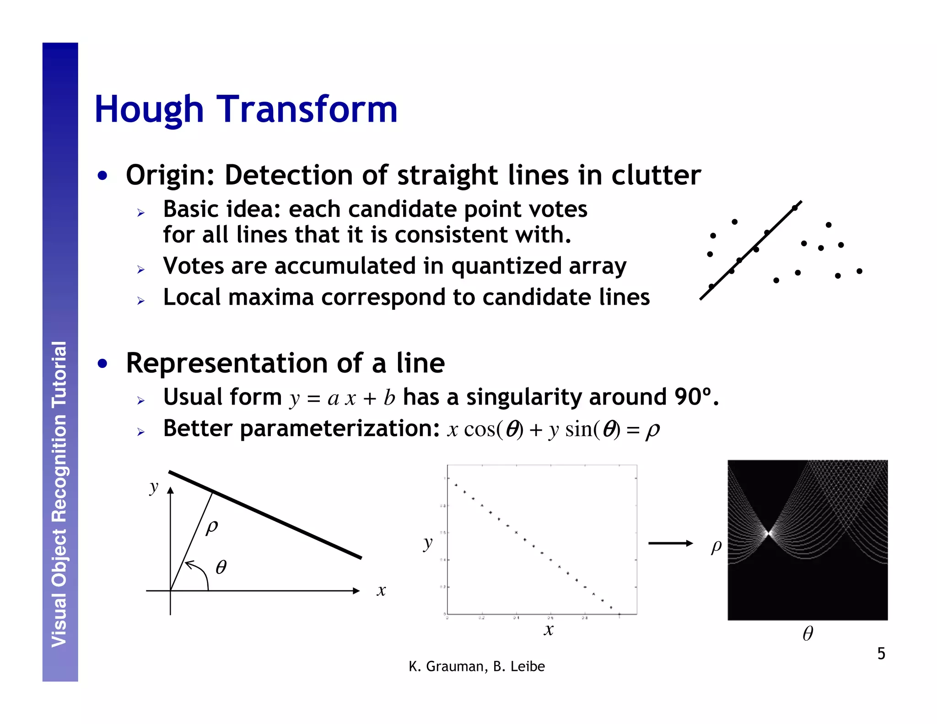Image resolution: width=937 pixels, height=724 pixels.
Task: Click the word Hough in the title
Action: tap(149, 110)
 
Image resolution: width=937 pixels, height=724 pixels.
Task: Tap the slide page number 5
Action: tap(881, 653)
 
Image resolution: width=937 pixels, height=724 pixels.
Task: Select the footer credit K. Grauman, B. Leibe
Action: tap(477, 666)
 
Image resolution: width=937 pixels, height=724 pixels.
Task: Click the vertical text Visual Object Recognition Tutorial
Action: tap(59, 494)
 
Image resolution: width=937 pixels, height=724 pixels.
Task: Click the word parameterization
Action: tap(339, 428)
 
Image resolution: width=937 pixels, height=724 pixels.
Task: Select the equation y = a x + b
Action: tap(342, 398)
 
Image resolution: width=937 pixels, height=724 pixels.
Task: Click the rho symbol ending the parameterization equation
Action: tap(653, 430)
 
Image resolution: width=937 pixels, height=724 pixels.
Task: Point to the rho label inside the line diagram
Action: tap(212, 527)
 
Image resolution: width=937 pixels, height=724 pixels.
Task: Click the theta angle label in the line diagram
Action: tap(221, 567)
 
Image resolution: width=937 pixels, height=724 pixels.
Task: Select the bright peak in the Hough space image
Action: tap(769, 533)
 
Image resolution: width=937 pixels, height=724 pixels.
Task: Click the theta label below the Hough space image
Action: tap(808, 633)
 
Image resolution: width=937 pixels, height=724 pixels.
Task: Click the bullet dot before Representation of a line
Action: tap(103, 364)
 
